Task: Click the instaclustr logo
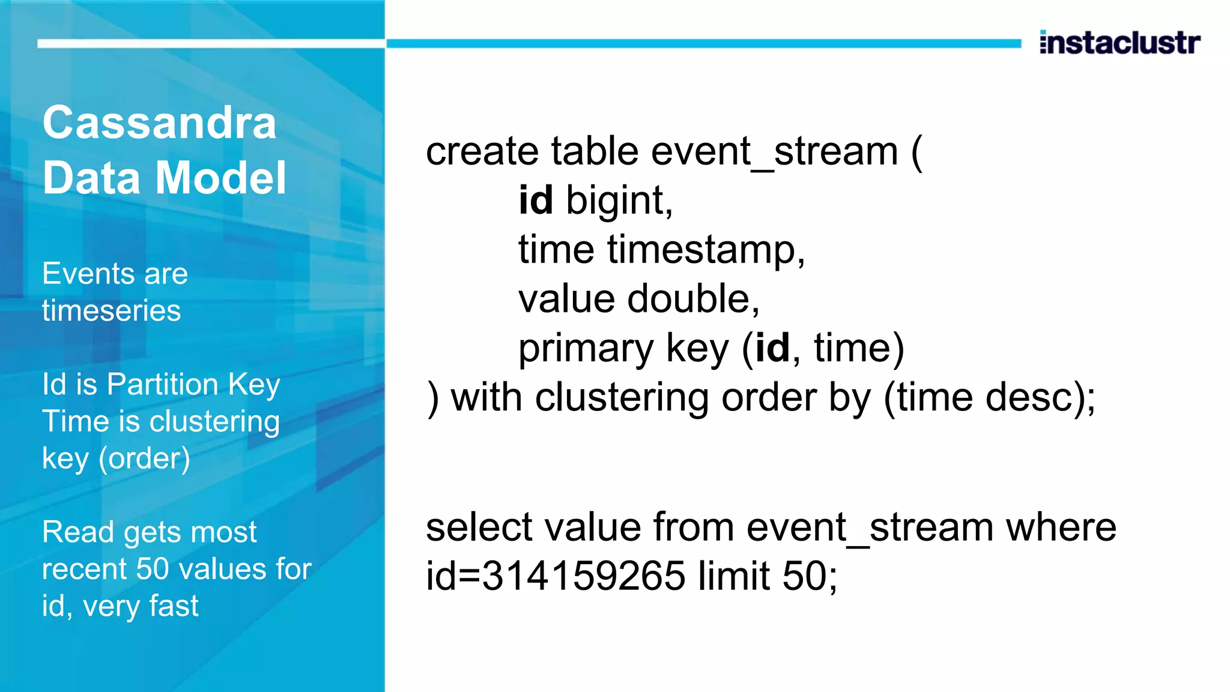[1119, 43]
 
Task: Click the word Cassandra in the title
[159, 123]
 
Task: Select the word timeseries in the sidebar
[111, 311]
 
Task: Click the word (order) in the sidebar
[144, 459]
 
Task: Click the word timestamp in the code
[706, 249]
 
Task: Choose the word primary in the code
[586, 348]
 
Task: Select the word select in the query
[479, 527]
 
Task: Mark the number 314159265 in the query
[584, 576]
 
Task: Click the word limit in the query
[734, 576]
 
